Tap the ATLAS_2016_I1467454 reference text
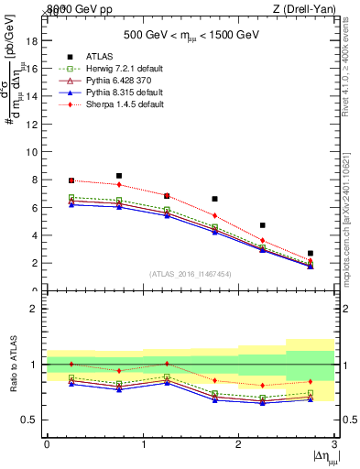190,274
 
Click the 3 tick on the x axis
334,444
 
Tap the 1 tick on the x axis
143,444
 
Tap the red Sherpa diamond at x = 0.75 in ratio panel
119,371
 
